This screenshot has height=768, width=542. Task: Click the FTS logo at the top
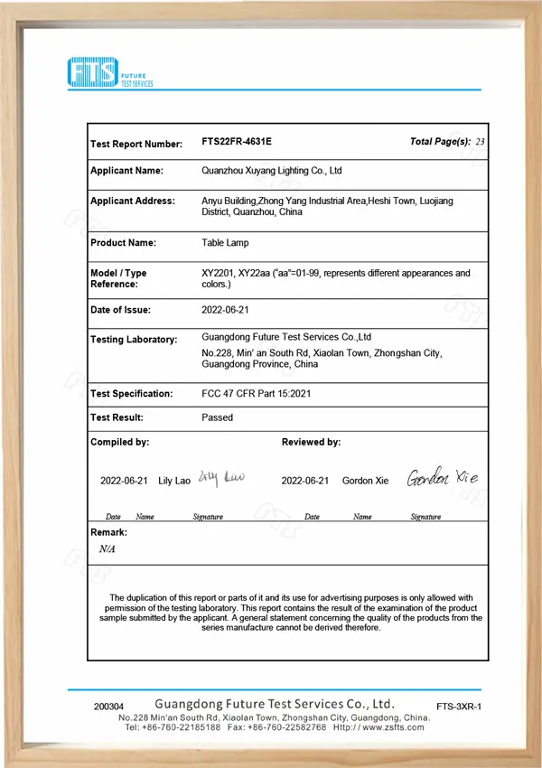click(110, 71)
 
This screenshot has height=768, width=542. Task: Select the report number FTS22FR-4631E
click(236, 142)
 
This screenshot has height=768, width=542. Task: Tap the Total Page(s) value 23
click(480, 142)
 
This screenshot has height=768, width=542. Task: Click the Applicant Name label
click(126, 170)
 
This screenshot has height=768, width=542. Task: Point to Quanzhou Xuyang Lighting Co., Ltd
click(271, 170)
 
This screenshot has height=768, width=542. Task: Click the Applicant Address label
click(133, 201)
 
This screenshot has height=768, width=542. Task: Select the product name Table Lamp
click(225, 242)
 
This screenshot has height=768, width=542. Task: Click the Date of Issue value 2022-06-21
click(226, 309)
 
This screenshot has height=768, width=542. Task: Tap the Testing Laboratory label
click(134, 339)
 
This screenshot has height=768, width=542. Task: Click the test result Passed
click(217, 417)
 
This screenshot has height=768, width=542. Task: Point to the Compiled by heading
click(119, 442)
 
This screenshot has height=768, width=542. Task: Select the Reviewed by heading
click(311, 442)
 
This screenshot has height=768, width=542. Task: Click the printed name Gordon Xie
click(365, 481)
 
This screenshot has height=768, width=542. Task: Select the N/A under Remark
click(107, 548)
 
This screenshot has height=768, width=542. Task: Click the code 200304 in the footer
click(108, 706)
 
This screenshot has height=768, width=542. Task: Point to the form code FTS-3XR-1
click(459, 706)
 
